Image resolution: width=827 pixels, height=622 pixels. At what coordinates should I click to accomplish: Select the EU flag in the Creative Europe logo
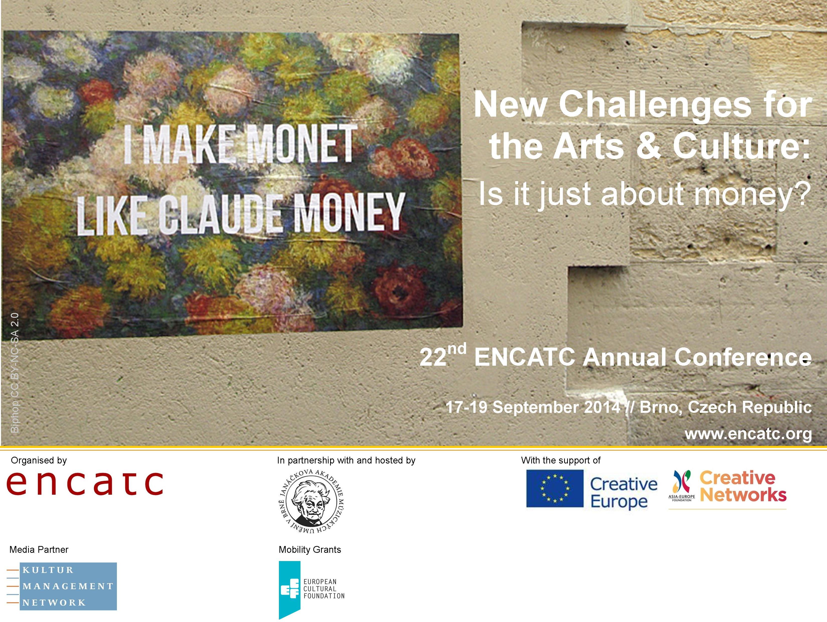tap(555, 489)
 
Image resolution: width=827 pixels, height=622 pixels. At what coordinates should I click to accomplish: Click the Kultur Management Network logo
tap(62, 586)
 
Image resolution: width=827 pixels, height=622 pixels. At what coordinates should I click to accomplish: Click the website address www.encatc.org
tap(748, 434)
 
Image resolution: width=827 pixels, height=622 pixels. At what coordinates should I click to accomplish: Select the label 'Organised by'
tap(39, 460)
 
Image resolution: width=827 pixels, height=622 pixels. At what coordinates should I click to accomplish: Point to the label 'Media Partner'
tap(39, 550)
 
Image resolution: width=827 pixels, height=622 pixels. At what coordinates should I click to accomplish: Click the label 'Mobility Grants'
tap(310, 550)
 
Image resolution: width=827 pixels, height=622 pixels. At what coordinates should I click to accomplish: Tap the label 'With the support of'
tap(561, 460)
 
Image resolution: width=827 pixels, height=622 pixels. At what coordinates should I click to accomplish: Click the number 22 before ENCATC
tap(433, 357)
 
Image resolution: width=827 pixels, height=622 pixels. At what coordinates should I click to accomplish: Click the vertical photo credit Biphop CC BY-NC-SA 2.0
tap(14, 373)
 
